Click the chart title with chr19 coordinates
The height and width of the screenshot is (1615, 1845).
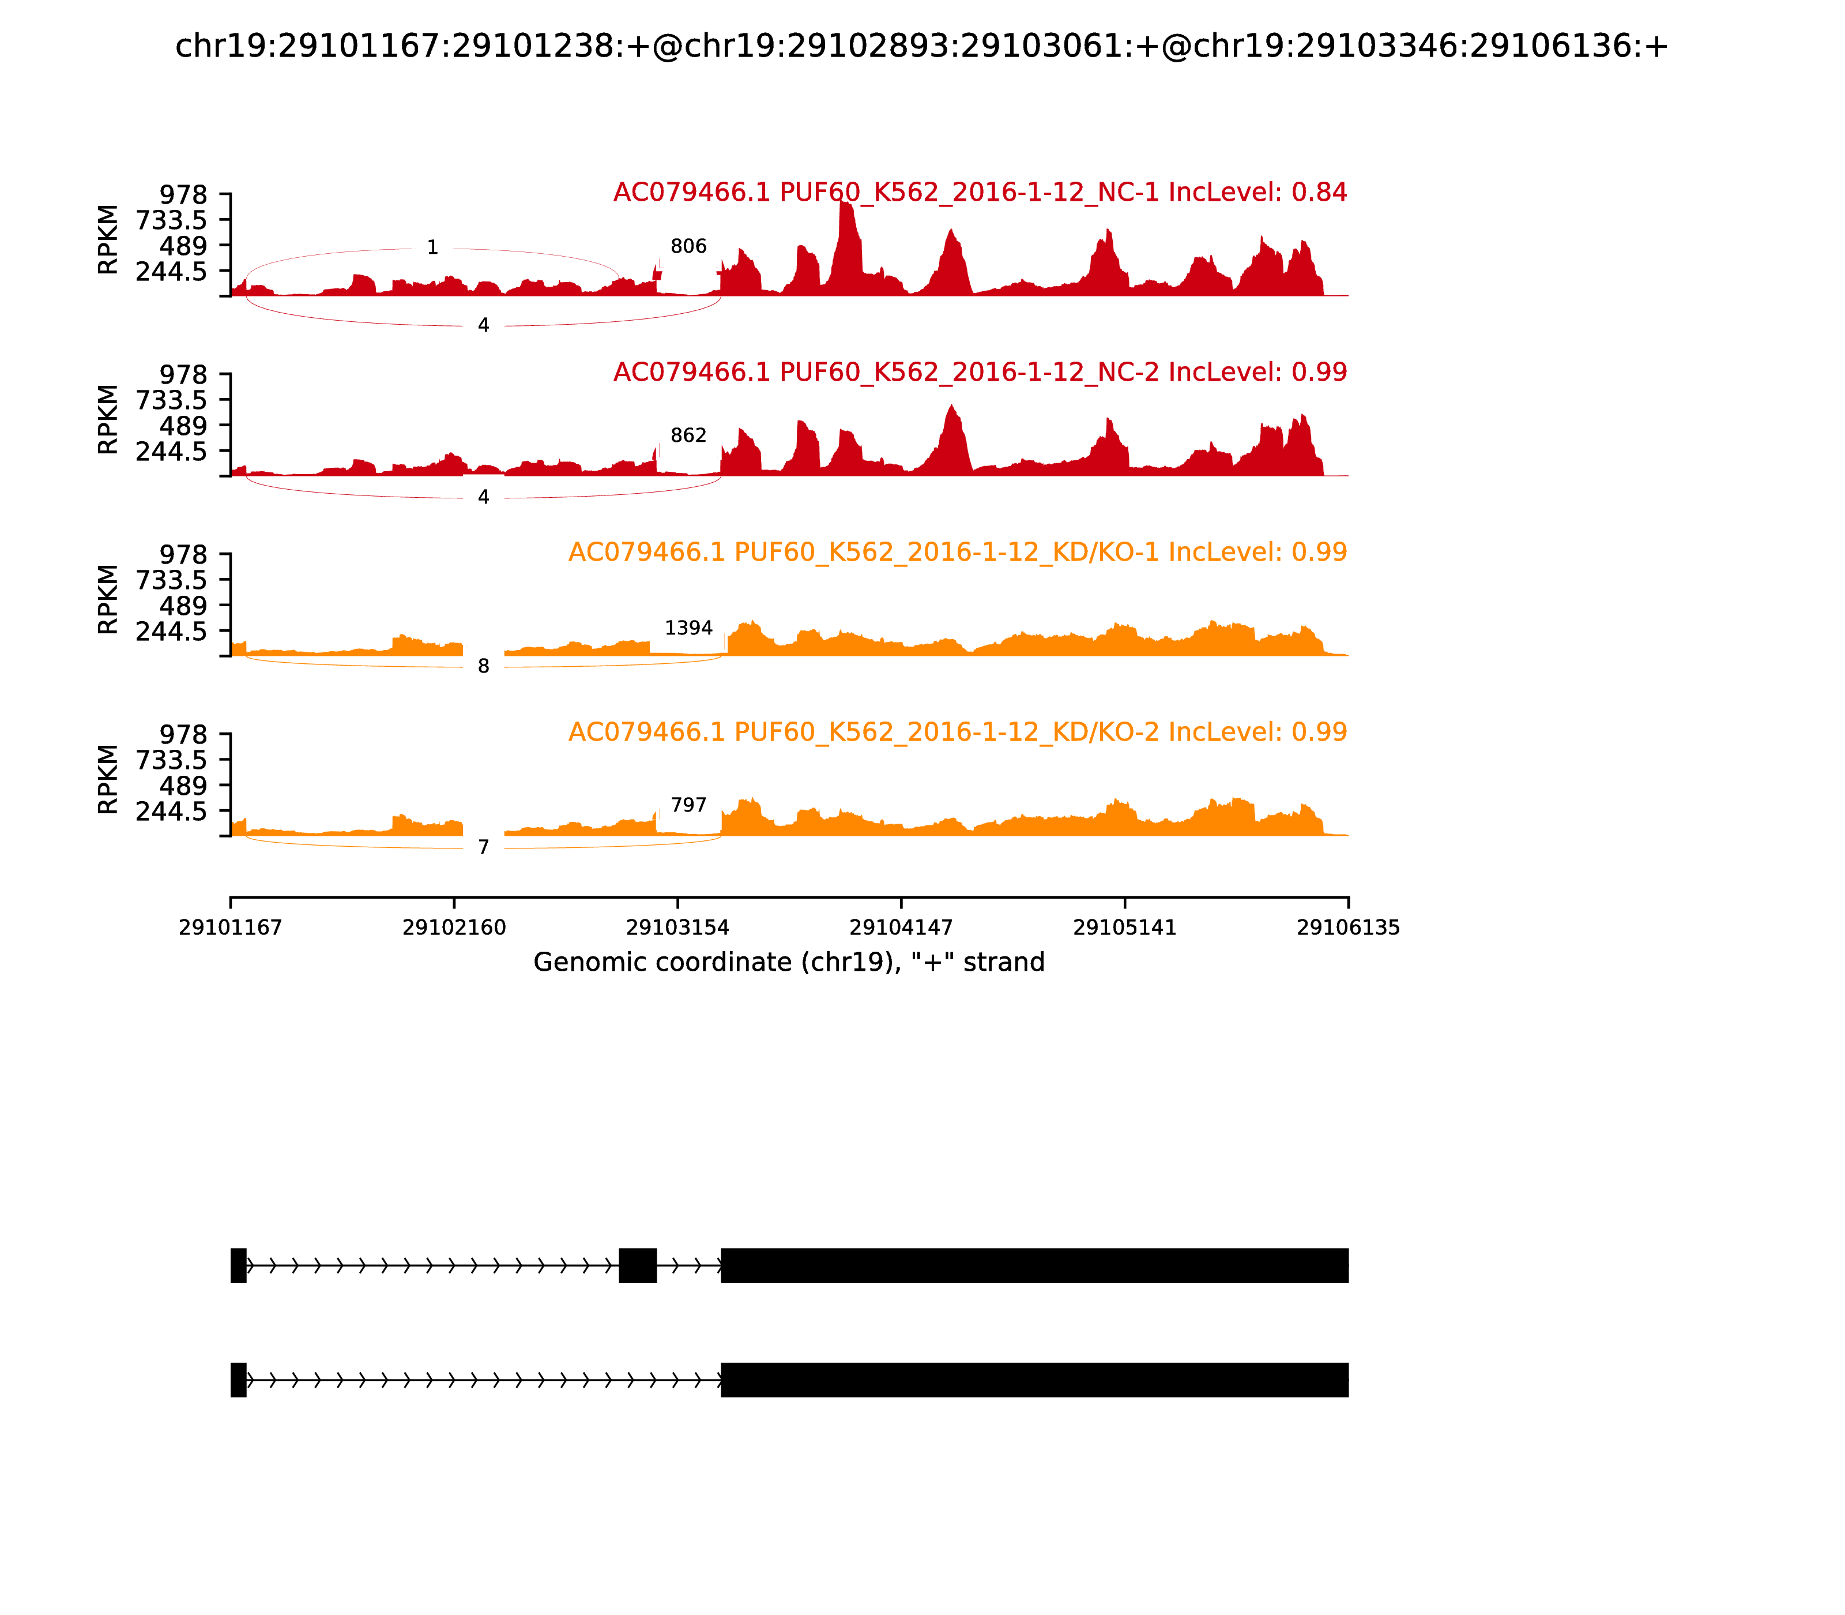click(x=921, y=46)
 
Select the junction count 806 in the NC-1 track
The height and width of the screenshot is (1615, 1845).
click(x=688, y=246)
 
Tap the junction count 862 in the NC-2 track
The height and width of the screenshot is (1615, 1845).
click(x=688, y=435)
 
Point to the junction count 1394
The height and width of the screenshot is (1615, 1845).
click(x=688, y=628)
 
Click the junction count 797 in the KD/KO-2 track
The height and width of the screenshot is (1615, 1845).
click(x=688, y=805)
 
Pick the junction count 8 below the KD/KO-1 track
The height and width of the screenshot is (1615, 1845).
click(x=484, y=666)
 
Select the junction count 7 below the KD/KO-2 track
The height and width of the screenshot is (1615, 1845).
click(x=484, y=847)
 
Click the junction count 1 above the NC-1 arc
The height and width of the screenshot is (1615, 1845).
click(x=432, y=247)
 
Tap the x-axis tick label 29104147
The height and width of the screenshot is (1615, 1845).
click(x=901, y=927)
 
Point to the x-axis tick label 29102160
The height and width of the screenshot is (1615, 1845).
click(x=454, y=927)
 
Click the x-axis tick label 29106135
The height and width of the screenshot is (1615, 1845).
click(x=1348, y=927)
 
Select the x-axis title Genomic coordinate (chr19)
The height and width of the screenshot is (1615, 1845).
click(x=789, y=963)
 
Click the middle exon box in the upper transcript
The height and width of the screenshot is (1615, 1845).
click(x=638, y=1265)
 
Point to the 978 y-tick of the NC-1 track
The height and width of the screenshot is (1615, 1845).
click(x=184, y=195)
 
